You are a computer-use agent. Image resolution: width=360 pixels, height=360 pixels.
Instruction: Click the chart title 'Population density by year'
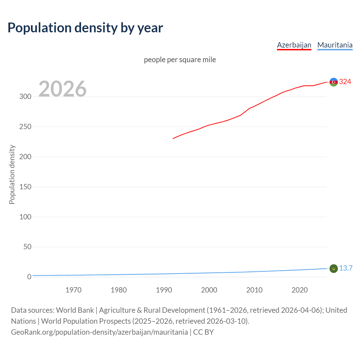click(x=85, y=28)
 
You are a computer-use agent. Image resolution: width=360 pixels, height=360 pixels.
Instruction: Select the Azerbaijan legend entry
click(x=294, y=45)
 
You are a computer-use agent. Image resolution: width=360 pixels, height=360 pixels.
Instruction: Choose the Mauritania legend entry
click(x=335, y=45)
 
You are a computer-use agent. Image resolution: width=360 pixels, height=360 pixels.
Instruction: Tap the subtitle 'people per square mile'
click(x=180, y=60)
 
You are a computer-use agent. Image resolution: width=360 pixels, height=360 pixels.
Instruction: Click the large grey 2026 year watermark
click(x=62, y=89)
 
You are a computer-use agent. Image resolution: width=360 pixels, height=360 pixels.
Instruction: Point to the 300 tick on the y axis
click(x=25, y=97)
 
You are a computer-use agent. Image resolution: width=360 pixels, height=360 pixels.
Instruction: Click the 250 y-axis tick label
click(x=25, y=127)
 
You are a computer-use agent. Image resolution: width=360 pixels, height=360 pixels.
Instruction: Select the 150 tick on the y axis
click(x=25, y=187)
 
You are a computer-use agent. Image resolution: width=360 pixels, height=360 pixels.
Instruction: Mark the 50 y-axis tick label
click(x=27, y=247)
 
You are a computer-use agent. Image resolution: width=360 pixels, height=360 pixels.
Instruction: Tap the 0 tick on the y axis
click(x=29, y=277)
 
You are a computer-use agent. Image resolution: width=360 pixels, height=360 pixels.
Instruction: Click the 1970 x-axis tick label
click(x=73, y=290)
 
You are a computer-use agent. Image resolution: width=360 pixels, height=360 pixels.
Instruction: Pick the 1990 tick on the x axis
click(x=164, y=290)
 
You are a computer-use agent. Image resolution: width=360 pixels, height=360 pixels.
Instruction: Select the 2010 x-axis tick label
click(x=254, y=290)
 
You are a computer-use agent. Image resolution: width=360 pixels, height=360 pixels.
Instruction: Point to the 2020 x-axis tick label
click(x=300, y=290)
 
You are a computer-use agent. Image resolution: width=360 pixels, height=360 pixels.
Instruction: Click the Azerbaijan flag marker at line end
click(x=334, y=82)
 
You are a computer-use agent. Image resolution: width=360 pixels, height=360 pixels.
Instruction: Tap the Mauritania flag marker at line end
click(x=334, y=269)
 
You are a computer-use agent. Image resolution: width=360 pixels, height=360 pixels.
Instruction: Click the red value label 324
click(x=345, y=82)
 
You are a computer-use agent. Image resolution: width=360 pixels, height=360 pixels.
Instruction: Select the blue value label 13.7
click(x=346, y=268)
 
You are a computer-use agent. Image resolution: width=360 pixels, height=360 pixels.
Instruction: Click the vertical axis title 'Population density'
click(x=12, y=174)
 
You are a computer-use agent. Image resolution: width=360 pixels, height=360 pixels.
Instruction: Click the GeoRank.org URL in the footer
click(x=99, y=332)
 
